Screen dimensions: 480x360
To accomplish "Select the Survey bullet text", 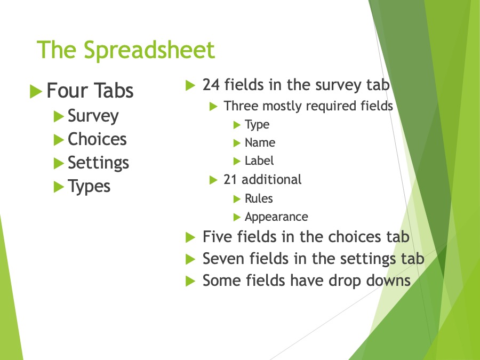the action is [x=93, y=116].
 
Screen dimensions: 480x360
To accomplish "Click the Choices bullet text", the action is [x=97, y=139].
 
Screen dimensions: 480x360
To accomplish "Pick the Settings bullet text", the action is [x=98, y=163].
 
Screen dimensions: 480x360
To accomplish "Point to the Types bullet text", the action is [x=89, y=187].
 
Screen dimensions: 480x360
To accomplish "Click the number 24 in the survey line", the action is [x=211, y=85].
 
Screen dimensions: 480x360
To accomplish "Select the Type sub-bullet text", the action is [x=257, y=125].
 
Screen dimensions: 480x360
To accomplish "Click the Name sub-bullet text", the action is [x=260, y=142].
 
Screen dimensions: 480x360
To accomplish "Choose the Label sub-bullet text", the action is [x=259, y=161].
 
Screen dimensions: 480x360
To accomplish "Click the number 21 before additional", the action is [x=230, y=180].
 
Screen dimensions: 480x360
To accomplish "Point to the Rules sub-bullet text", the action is [x=259, y=198].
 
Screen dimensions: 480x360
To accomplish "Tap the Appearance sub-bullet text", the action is [x=276, y=217].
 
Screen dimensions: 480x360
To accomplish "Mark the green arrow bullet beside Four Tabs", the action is [x=36, y=91].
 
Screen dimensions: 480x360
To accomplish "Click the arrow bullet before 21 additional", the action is [x=213, y=180].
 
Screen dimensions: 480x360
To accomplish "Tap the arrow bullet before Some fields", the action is [x=190, y=281].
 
